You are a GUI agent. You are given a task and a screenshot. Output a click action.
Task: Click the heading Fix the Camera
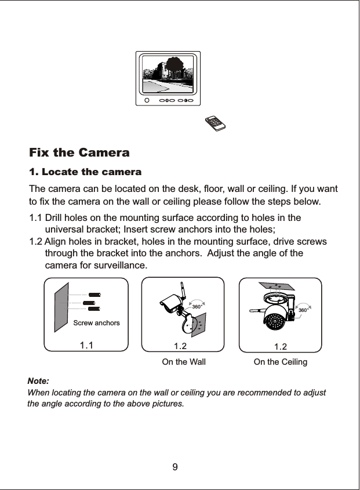click(x=79, y=154)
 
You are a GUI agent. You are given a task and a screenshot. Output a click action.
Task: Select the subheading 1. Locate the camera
click(x=85, y=173)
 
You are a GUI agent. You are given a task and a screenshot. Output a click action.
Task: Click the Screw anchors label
click(x=96, y=322)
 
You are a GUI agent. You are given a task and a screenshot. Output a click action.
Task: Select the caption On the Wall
click(x=183, y=362)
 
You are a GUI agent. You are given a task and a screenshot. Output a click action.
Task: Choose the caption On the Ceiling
click(x=281, y=362)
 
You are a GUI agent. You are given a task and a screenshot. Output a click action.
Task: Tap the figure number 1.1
click(x=86, y=346)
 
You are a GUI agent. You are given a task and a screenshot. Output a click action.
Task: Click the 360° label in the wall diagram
click(x=197, y=306)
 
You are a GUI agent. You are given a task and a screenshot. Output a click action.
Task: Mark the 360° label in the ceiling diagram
click(x=303, y=311)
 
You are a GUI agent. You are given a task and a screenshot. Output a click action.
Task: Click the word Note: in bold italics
click(x=39, y=381)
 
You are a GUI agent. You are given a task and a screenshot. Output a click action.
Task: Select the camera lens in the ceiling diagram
click(x=272, y=323)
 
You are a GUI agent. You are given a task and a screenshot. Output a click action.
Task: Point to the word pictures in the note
click(x=166, y=403)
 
